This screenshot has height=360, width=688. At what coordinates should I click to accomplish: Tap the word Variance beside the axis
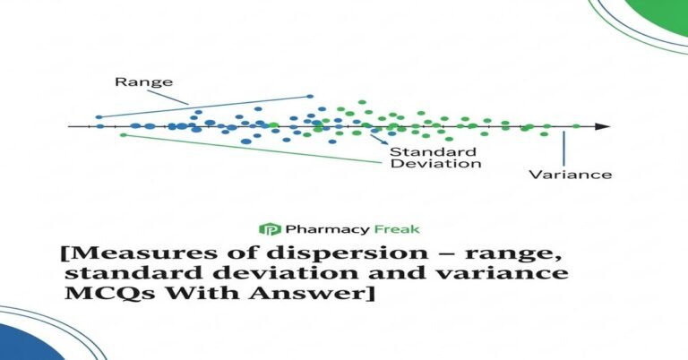click(570, 174)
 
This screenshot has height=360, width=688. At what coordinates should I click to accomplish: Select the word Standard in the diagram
click(420, 150)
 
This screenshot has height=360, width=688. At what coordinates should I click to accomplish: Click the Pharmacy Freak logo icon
click(264, 229)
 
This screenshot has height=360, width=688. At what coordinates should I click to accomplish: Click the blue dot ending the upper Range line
click(311, 97)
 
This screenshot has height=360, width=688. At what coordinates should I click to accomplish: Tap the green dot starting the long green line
click(123, 135)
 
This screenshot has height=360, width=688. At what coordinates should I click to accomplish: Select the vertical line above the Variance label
click(563, 146)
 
